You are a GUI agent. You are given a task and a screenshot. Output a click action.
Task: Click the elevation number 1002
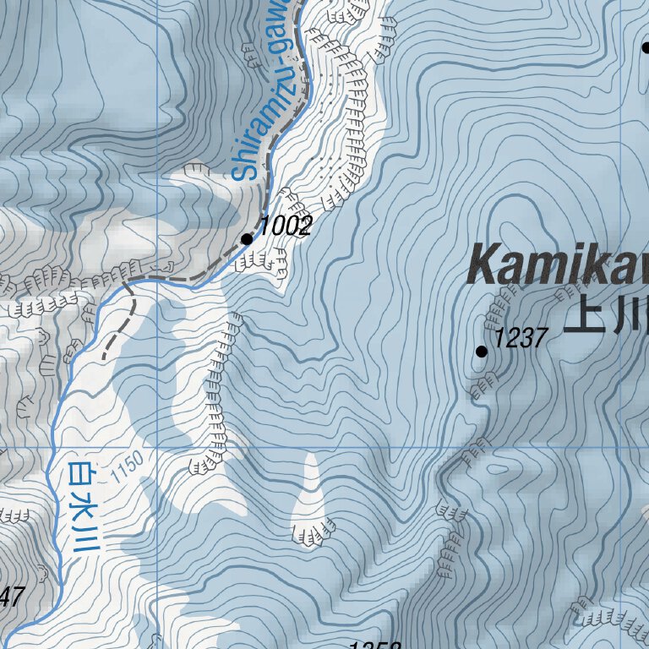point(286,226)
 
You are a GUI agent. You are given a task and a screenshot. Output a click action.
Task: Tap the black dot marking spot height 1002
point(247,239)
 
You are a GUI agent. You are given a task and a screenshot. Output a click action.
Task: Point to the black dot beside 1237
point(482,351)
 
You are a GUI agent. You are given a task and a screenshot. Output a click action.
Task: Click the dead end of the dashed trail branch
point(105,358)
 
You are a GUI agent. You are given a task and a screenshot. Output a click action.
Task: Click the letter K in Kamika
point(487,265)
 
